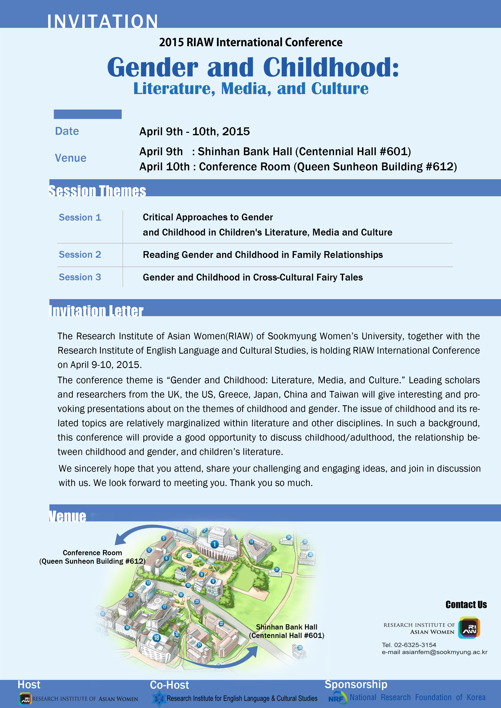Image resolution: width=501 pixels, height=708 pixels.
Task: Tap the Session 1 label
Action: (80, 217)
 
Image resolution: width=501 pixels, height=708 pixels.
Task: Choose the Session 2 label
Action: (80, 255)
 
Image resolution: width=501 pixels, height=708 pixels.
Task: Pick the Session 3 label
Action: (80, 277)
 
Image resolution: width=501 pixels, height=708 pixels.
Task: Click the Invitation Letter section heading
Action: (96, 311)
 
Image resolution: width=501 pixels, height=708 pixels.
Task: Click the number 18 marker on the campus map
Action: (157, 638)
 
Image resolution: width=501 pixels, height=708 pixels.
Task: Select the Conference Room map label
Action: (92, 553)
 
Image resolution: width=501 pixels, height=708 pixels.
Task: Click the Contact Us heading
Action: (466, 605)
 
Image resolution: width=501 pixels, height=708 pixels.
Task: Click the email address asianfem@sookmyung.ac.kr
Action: (444, 652)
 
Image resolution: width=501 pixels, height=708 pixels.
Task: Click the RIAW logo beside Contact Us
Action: (469, 627)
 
